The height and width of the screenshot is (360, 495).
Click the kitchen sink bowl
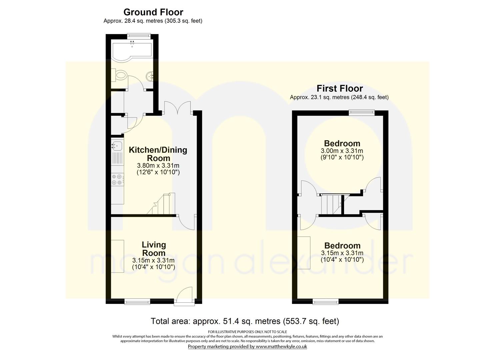[x=117, y=146]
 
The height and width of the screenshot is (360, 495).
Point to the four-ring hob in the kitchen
[x=117, y=180]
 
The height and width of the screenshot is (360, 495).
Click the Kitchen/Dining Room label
[x=158, y=154]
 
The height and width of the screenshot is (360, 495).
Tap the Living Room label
[x=154, y=249]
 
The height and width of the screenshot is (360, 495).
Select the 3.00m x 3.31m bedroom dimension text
[x=342, y=151]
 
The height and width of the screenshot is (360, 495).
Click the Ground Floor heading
[x=153, y=12]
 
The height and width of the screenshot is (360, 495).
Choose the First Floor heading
[x=340, y=88]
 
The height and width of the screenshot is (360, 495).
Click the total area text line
[x=245, y=321]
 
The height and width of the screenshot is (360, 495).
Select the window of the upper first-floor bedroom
[x=362, y=113]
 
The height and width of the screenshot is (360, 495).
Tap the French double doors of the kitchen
[x=178, y=108]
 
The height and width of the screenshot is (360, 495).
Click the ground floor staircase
[x=161, y=204]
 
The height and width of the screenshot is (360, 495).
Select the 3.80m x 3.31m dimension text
[x=158, y=165]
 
